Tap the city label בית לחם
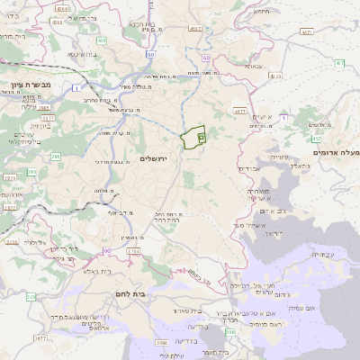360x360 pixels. coord(130,294)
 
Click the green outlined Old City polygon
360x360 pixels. coord(192,138)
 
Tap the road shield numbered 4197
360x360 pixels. coord(195,29)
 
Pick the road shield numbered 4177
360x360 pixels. coord(239,112)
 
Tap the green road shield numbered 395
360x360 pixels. coord(32,171)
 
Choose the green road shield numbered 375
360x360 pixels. coord(31,296)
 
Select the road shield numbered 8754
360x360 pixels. coord(133,250)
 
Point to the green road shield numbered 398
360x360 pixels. coord(230,332)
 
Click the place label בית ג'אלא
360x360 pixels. coord(96,271)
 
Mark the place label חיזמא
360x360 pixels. coord(262,13)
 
